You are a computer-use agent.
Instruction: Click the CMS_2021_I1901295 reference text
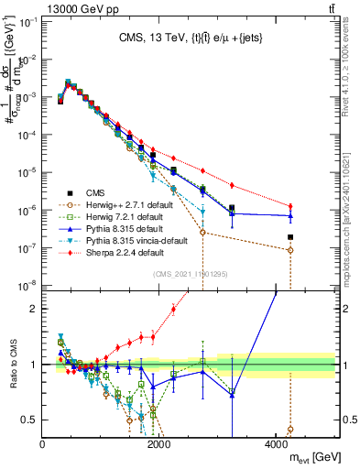(x=191, y=275)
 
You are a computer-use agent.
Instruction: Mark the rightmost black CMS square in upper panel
(x=290, y=237)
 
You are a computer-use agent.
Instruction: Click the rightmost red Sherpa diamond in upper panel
(x=290, y=206)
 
